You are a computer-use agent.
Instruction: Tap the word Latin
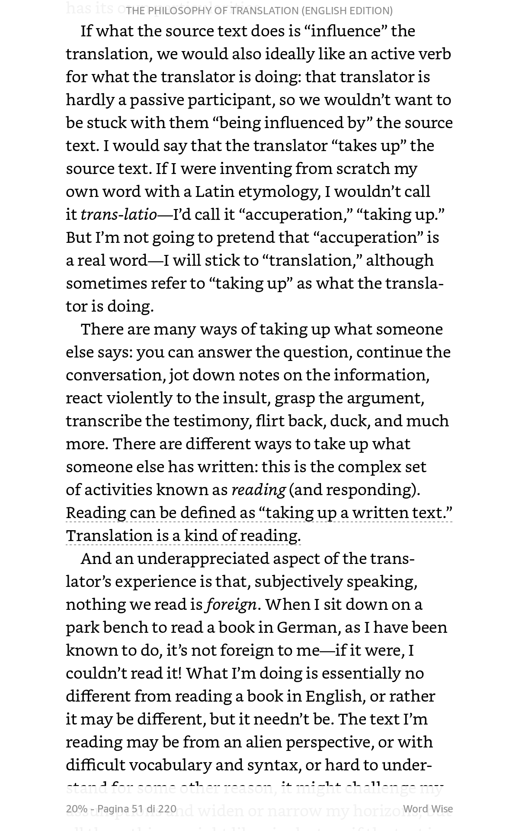(x=215, y=191)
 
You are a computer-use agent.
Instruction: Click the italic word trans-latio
(x=119, y=214)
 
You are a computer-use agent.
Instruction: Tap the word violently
(x=139, y=398)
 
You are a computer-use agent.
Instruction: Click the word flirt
(x=270, y=421)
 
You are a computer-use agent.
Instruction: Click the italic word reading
(x=259, y=490)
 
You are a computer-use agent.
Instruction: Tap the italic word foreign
(x=231, y=604)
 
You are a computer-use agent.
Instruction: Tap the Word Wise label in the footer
(x=428, y=809)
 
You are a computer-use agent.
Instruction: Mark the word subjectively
(x=298, y=581)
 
